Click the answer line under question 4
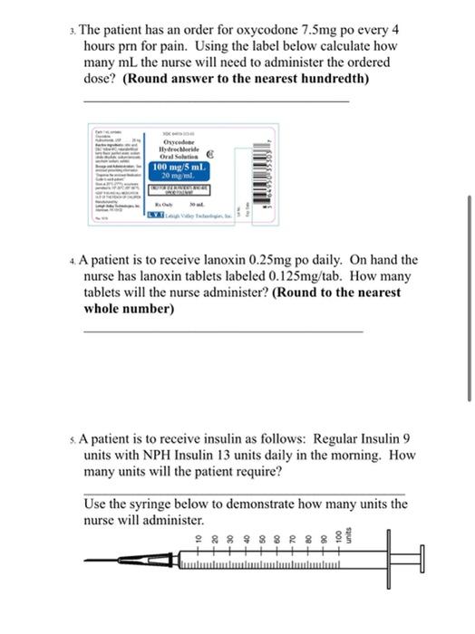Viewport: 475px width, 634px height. pyautogui.click(x=222, y=330)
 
